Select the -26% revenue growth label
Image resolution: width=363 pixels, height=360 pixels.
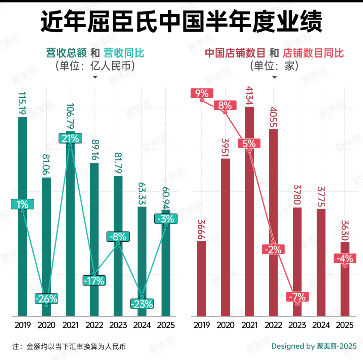click(x=46, y=298)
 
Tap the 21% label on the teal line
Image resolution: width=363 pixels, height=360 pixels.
click(x=70, y=138)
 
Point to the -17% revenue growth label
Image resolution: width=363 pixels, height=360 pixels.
click(x=94, y=280)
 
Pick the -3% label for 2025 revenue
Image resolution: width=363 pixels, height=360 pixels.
click(x=166, y=219)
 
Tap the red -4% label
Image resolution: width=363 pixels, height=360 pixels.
click(x=345, y=258)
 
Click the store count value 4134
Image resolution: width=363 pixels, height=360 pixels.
click(x=249, y=96)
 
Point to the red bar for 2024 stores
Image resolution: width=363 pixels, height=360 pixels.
click(x=321, y=262)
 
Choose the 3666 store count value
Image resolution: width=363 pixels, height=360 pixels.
click(x=201, y=230)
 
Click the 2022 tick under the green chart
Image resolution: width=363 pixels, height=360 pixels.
click(x=94, y=325)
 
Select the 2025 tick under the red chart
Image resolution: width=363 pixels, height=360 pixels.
click(x=345, y=325)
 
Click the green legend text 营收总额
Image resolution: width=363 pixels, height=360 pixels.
click(x=67, y=53)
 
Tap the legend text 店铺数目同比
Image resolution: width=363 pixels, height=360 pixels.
click(x=313, y=53)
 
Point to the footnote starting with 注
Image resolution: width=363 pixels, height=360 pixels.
click(x=69, y=347)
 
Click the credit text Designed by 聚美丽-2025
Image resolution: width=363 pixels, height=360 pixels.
click(x=314, y=347)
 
